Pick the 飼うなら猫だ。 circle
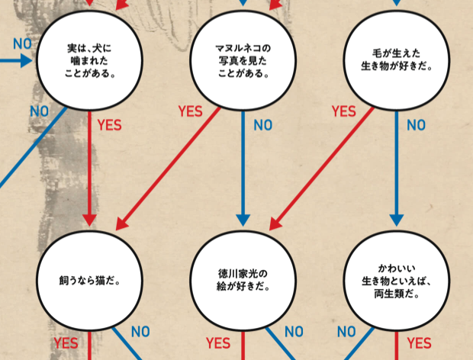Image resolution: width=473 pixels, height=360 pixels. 91,280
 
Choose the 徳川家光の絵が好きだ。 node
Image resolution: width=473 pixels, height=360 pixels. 243,280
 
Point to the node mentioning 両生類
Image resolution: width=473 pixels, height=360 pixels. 396,280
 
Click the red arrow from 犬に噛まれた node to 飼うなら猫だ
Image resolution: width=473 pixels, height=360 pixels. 91,168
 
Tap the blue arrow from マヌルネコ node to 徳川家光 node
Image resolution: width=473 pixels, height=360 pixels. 243,168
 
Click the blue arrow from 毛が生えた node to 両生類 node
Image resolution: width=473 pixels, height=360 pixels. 396,168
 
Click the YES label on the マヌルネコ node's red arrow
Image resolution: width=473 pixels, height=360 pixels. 190,111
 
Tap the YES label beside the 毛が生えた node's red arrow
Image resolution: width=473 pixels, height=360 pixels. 344,111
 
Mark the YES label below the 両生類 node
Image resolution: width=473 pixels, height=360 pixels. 420,344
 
